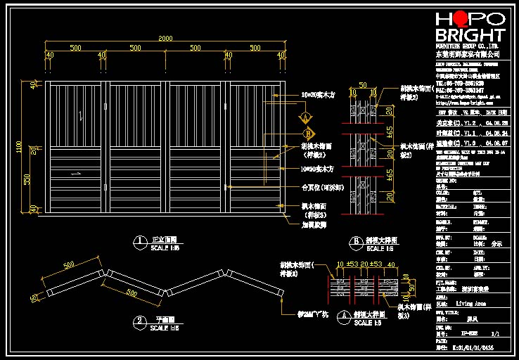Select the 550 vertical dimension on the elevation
click(x=29, y=179)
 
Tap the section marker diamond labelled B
click(x=307, y=132)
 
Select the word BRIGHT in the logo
click(x=470, y=35)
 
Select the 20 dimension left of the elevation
click(x=33, y=150)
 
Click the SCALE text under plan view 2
click(x=165, y=328)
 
